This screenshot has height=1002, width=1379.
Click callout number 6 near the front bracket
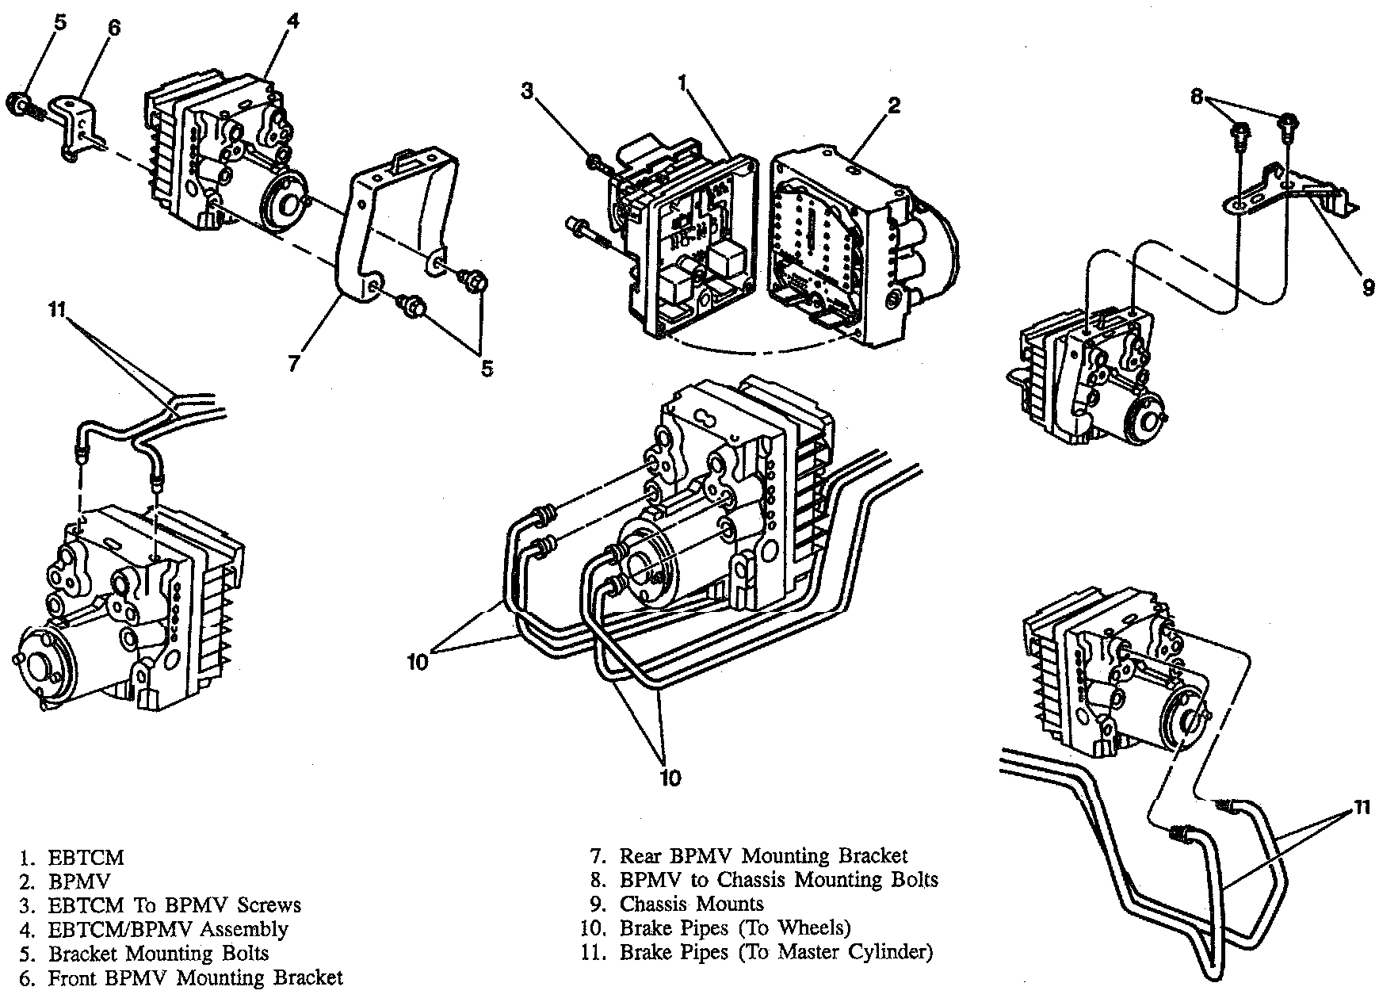(x=114, y=28)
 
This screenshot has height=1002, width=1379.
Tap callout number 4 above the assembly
(x=292, y=22)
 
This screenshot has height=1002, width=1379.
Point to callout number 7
(x=293, y=364)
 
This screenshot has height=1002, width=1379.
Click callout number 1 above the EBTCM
(x=682, y=81)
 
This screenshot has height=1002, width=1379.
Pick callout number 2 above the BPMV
(x=894, y=105)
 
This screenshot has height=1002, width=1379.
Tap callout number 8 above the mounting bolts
(x=1198, y=98)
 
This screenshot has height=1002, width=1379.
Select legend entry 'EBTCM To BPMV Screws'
(x=174, y=904)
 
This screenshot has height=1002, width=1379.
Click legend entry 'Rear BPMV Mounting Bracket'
(x=763, y=856)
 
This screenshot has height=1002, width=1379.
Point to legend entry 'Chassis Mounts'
(x=691, y=904)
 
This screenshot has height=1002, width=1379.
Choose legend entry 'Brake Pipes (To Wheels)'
(x=735, y=927)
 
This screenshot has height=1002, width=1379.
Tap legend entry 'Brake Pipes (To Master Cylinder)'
(x=776, y=951)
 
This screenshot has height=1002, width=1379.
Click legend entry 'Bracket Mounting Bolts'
(x=159, y=953)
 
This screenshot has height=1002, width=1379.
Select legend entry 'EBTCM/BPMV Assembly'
(x=168, y=928)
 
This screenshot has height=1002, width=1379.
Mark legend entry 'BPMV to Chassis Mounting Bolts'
(x=778, y=880)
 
